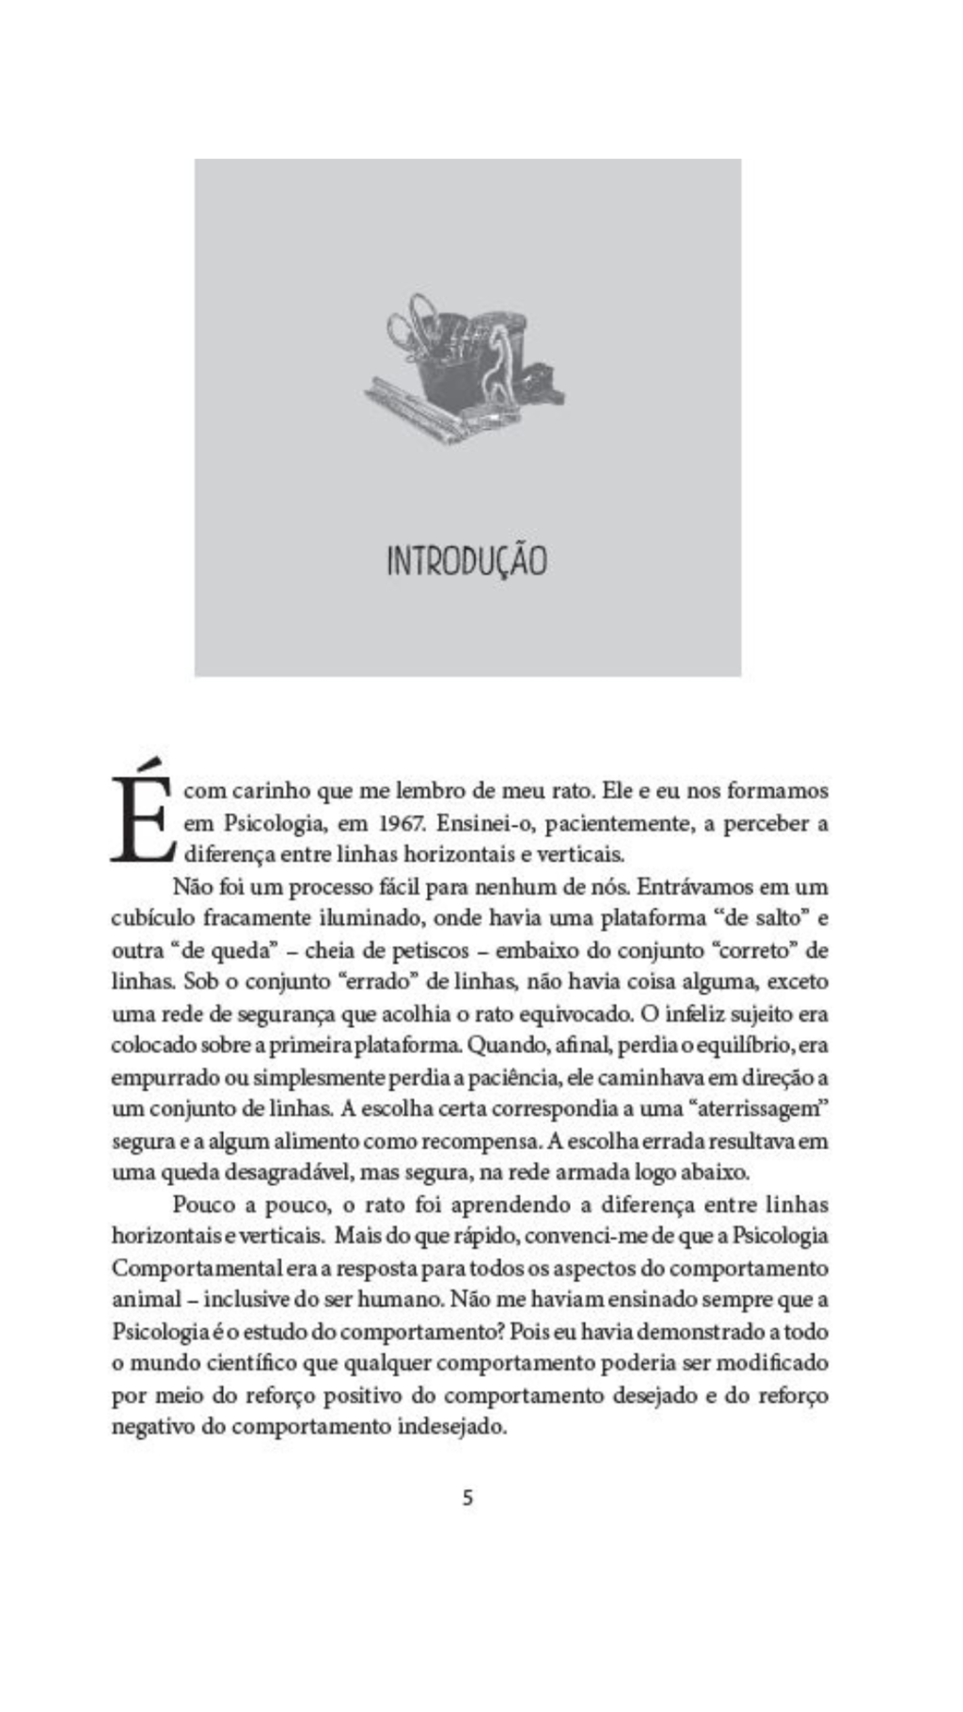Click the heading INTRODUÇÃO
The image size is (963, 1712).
pos(466,561)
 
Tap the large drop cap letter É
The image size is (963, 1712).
pos(141,815)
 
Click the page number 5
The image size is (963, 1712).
pos(467,1498)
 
